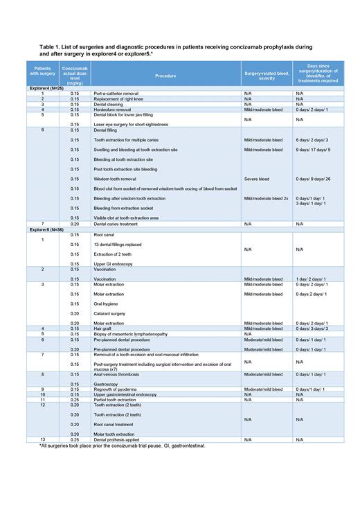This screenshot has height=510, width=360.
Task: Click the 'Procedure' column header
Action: pos(165,75)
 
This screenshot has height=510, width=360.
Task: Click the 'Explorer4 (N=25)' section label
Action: pos(46,89)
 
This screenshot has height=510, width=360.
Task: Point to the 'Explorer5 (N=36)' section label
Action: pos(46,229)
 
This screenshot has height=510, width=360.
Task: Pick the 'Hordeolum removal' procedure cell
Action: pos(113,109)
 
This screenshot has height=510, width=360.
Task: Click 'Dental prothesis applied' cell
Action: pos(118,439)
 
